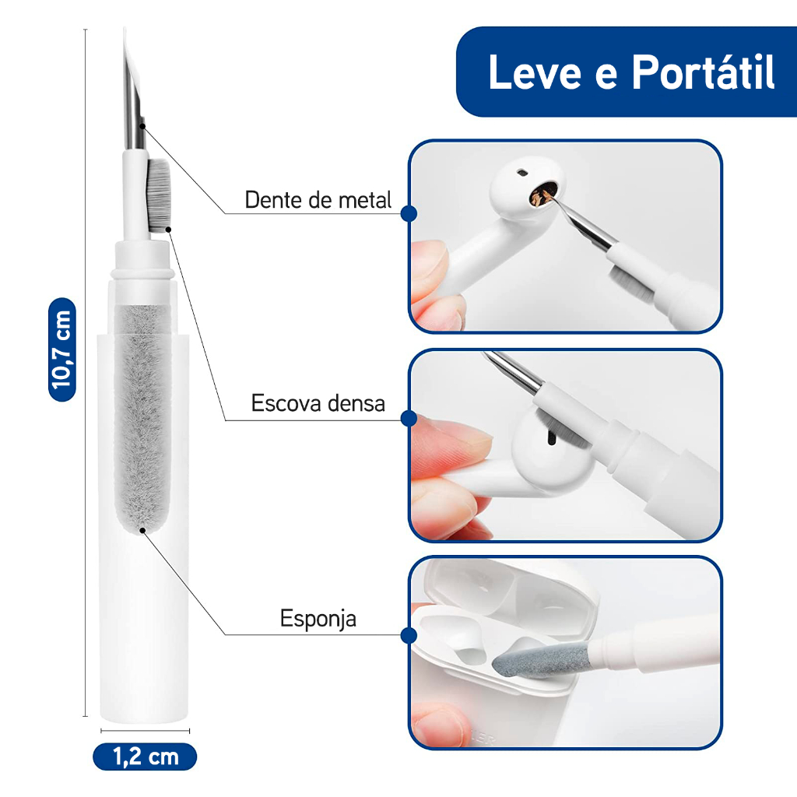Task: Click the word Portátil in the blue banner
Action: (x=703, y=72)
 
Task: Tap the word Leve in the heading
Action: (x=535, y=72)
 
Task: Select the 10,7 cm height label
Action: (x=62, y=349)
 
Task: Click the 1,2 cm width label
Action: (x=145, y=757)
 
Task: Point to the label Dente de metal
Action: (x=318, y=200)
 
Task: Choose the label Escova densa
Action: (x=318, y=403)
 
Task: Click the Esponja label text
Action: (x=318, y=619)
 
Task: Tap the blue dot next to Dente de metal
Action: (x=409, y=213)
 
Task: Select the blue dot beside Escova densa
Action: (x=409, y=418)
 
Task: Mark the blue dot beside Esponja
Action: (x=409, y=635)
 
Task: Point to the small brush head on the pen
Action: (x=160, y=193)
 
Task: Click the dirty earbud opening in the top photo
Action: (x=543, y=195)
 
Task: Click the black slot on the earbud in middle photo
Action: (x=550, y=437)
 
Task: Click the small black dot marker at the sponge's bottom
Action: (x=143, y=531)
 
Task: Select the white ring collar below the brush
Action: (x=142, y=260)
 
